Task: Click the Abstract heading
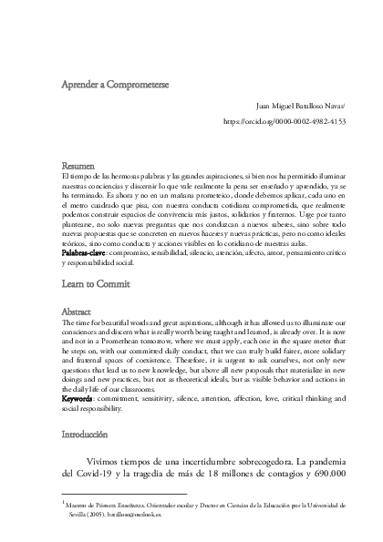click(76, 286)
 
